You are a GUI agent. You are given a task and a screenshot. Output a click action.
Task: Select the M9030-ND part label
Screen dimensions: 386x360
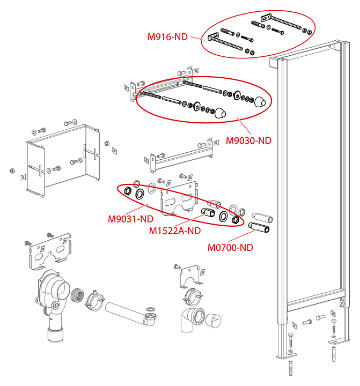click(248, 140)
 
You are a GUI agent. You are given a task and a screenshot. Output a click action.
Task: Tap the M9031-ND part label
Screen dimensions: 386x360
click(130, 219)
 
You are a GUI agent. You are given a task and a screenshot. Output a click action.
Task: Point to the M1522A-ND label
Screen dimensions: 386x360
click(174, 231)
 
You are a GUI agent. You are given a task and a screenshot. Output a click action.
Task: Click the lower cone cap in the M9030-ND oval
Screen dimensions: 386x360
click(220, 113)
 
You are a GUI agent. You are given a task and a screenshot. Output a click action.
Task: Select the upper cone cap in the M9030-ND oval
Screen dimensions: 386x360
click(260, 102)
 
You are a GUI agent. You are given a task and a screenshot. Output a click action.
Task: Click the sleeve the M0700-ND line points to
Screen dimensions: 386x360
click(260, 229)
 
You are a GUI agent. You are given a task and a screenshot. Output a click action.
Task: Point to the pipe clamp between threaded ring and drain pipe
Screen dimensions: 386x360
click(95, 301)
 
